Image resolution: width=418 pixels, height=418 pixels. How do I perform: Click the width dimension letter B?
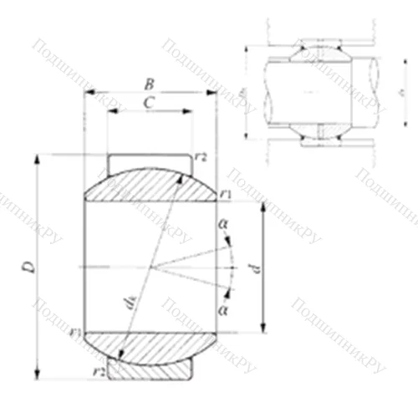[149, 84]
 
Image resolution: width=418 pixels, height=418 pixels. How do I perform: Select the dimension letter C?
[148, 102]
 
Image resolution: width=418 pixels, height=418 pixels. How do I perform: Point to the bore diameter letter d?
[257, 268]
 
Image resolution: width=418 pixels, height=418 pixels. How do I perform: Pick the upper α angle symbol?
[222, 224]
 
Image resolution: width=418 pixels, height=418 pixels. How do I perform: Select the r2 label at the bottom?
[99, 370]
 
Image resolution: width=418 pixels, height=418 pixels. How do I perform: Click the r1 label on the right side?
[226, 195]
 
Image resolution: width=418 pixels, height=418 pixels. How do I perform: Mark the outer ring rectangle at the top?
[149, 160]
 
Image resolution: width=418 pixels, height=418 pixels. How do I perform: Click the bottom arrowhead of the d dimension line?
[263, 328]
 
